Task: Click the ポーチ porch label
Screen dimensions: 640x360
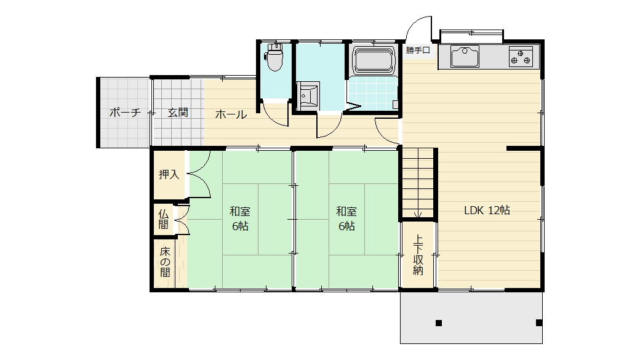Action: (x=125, y=112)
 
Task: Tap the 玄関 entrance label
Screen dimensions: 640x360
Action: (x=178, y=112)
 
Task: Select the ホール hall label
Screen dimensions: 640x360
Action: (x=231, y=114)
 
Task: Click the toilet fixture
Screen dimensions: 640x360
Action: (x=274, y=57)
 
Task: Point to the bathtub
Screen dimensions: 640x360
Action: (x=374, y=60)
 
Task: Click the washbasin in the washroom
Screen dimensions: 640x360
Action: (x=308, y=95)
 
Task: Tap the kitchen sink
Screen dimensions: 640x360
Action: (x=465, y=56)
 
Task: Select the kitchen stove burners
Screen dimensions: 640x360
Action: (x=521, y=57)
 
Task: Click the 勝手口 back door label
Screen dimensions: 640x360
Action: (x=418, y=50)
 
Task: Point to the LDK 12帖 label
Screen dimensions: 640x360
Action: (x=487, y=210)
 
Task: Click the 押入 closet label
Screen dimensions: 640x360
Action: (x=169, y=174)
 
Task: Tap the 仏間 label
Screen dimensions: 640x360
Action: (x=163, y=219)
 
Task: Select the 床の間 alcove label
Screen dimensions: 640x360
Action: (x=165, y=262)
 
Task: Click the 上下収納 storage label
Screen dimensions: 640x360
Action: (x=418, y=255)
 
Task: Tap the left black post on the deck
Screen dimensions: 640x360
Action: (x=439, y=323)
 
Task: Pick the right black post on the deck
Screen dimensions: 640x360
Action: (x=539, y=323)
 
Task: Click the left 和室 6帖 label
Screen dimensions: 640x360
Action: (x=240, y=219)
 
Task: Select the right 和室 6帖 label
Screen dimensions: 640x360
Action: (x=346, y=219)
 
